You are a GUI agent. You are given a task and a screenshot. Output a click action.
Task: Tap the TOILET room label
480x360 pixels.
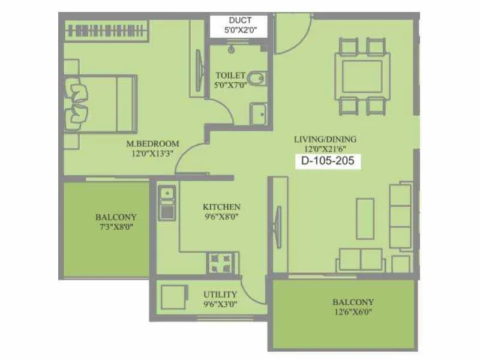pyautogui.click(x=230, y=76)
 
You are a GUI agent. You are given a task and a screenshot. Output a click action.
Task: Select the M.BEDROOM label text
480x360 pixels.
pyautogui.click(x=153, y=144)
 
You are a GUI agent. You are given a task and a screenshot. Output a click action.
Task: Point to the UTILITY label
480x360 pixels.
pyautogui.click(x=220, y=295)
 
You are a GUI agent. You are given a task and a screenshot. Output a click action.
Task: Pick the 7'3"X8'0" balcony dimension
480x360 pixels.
pyautogui.click(x=116, y=228)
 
